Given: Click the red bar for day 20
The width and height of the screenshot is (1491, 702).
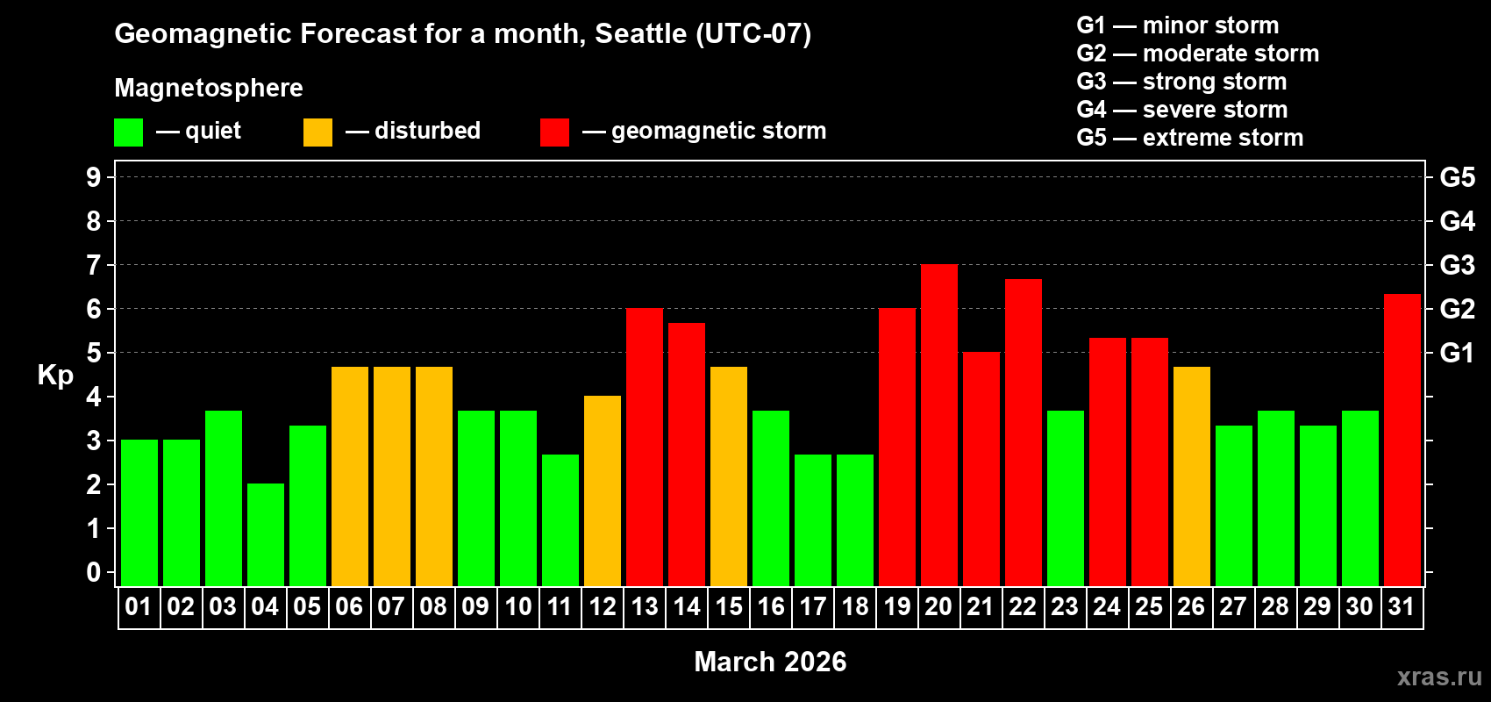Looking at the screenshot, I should click(939, 426).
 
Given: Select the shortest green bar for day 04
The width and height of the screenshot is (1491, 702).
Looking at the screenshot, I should click(266, 535).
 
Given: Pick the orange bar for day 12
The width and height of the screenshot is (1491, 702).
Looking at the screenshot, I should click(603, 491).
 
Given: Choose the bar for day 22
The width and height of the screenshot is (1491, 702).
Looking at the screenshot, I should click(1024, 433).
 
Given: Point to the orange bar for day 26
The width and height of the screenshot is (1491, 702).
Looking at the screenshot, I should click(1192, 476).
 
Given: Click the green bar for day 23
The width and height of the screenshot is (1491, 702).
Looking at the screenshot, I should click(1066, 498).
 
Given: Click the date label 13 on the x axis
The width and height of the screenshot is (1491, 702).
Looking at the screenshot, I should click(645, 607).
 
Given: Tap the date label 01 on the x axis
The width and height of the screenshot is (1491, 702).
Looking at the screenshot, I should click(139, 607).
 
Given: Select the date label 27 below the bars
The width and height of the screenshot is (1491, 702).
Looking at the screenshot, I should click(1233, 607).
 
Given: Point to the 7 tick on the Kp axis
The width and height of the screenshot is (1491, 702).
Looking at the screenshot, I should click(94, 265).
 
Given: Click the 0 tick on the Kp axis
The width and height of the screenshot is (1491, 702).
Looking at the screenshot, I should click(94, 573).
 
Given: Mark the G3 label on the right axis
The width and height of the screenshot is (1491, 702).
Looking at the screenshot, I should click(1458, 265).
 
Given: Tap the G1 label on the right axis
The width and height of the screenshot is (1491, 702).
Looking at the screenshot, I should click(1458, 353).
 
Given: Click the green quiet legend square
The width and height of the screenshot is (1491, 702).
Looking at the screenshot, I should click(128, 133).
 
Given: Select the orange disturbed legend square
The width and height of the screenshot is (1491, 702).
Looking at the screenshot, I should click(317, 133).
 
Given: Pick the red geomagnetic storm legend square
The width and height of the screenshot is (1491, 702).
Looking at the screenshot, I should click(554, 133).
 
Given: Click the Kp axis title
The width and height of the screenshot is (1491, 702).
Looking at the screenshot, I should click(55, 376).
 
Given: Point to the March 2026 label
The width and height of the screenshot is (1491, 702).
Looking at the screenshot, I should click(770, 662).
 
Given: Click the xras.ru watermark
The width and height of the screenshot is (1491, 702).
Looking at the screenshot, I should click(1439, 677).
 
